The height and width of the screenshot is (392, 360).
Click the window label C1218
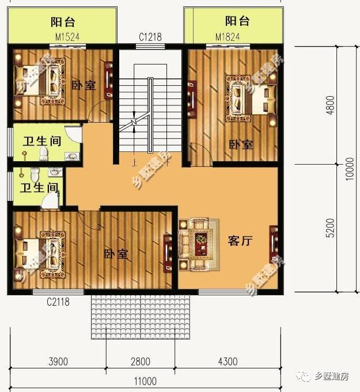[x=150, y=37]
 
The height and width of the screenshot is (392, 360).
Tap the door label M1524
[x=67, y=37]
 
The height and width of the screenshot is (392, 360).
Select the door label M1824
[x=227, y=37]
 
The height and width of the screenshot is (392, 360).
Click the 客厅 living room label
[x=240, y=241]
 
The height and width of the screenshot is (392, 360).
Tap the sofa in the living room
[x=199, y=243]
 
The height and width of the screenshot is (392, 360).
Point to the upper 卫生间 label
[x=41, y=142]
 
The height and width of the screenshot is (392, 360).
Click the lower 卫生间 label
[x=39, y=188]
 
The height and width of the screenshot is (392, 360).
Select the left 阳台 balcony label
[x=63, y=22]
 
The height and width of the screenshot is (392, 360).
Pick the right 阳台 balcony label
[x=237, y=22]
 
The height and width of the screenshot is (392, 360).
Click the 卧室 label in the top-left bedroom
[x=84, y=85]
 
